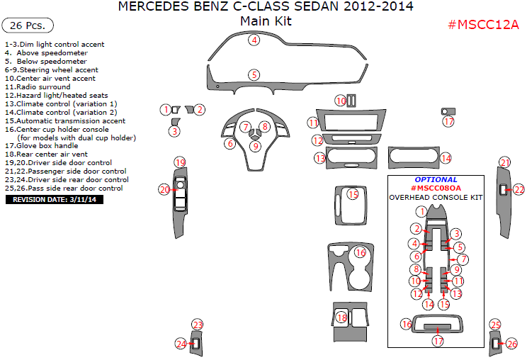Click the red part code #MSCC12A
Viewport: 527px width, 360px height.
(484, 25)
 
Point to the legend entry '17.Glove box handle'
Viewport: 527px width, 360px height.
(41, 145)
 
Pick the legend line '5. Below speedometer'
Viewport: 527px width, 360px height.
(46, 62)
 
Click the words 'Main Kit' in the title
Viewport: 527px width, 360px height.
(266, 21)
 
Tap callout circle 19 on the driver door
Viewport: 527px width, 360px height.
(180, 162)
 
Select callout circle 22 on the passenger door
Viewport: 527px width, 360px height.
(518, 189)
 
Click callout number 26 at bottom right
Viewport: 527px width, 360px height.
(511, 344)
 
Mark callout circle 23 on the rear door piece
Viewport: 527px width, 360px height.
(198, 325)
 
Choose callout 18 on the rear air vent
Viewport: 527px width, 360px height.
(342, 317)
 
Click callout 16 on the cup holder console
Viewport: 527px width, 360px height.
(360, 252)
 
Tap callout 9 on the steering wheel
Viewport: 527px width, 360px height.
(256, 146)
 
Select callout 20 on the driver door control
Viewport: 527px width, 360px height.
(164, 189)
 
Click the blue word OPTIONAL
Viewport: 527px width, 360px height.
(436, 180)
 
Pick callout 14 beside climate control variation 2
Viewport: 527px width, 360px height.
(446, 157)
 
